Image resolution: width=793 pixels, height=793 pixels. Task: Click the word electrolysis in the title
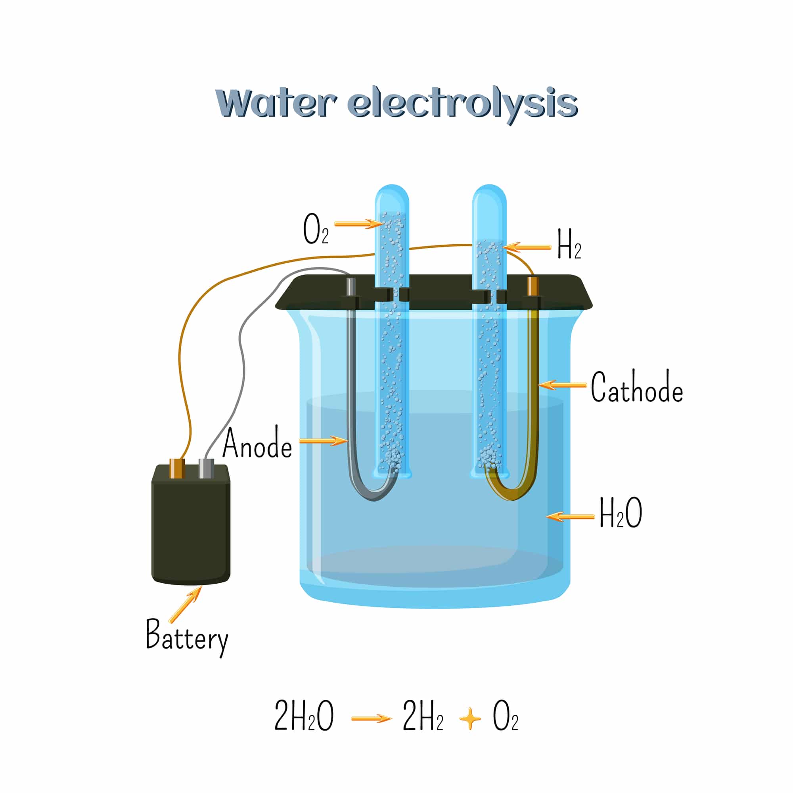tap(463, 105)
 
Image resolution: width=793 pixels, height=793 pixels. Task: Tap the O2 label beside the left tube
tap(316, 229)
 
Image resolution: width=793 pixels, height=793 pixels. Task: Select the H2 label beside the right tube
tap(569, 244)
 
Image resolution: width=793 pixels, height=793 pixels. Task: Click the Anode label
tap(257, 442)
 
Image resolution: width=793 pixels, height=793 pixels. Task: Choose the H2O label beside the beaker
tap(621, 512)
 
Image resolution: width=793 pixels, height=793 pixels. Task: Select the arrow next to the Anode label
tap(324, 441)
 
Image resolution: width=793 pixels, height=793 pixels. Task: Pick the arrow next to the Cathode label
tap(562, 385)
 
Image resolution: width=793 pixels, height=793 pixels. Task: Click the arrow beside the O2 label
tap(359, 224)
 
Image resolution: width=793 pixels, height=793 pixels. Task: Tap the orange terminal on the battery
tap(177, 468)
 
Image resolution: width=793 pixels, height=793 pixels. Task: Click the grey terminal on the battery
tap(206, 468)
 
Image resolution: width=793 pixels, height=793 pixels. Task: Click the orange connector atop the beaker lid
tap(532, 286)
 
